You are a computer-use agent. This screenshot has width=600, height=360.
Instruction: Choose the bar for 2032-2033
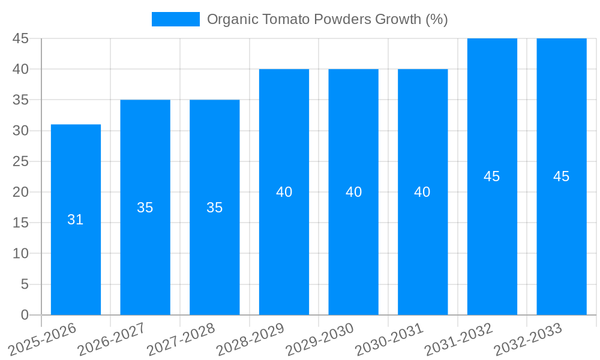(x=561, y=240)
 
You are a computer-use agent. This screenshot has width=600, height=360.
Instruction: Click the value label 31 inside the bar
(x=76, y=220)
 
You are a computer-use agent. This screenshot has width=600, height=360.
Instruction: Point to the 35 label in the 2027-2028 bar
(x=214, y=208)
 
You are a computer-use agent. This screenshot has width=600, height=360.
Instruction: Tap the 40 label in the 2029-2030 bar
(x=353, y=192)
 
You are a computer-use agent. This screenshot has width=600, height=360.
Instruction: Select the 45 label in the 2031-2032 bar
(x=492, y=176)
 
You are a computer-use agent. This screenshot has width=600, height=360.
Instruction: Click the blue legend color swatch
(x=175, y=19)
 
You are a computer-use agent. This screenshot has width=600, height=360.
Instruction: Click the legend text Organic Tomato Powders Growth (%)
(x=327, y=19)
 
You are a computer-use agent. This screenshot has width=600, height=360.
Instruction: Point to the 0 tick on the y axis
(x=25, y=314)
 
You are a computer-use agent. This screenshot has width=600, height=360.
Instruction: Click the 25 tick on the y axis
(x=21, y=161)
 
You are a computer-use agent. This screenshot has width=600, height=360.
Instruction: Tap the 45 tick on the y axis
(x=21, y=38)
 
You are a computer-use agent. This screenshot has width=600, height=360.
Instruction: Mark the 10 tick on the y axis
(x=21, y=253)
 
